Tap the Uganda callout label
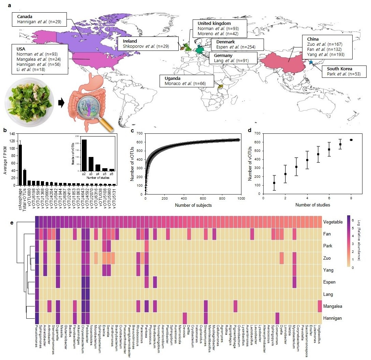click(x=187, y=81)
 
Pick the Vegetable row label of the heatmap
click(x=332, y=222)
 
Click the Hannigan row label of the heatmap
click(x=332, y=318)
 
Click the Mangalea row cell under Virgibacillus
click(x=320, y=306)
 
